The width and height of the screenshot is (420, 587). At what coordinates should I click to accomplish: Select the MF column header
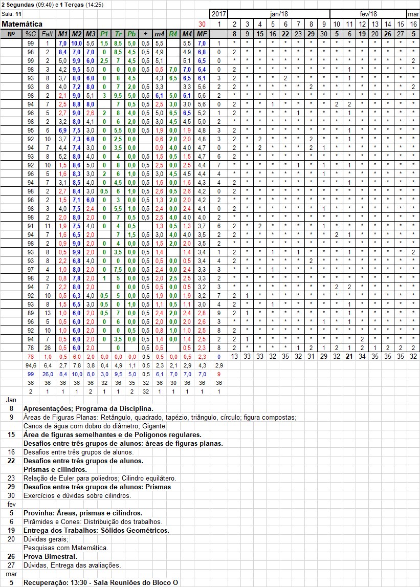click(202, 34)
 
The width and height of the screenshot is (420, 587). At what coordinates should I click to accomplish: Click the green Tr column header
click(118, 34)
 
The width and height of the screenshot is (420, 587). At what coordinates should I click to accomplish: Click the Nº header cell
click(11, 34)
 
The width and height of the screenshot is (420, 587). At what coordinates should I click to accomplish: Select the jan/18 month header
click(279, 14)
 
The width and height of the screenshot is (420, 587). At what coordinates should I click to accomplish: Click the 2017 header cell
click(218, 14)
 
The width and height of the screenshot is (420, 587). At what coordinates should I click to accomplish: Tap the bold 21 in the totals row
click(349, 356)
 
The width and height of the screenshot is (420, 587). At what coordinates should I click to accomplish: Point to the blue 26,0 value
click(47, 374)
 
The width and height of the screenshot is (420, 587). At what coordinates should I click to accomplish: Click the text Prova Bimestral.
click(50, 556)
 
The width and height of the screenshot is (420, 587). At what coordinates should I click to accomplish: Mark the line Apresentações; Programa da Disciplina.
click(88, 408)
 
